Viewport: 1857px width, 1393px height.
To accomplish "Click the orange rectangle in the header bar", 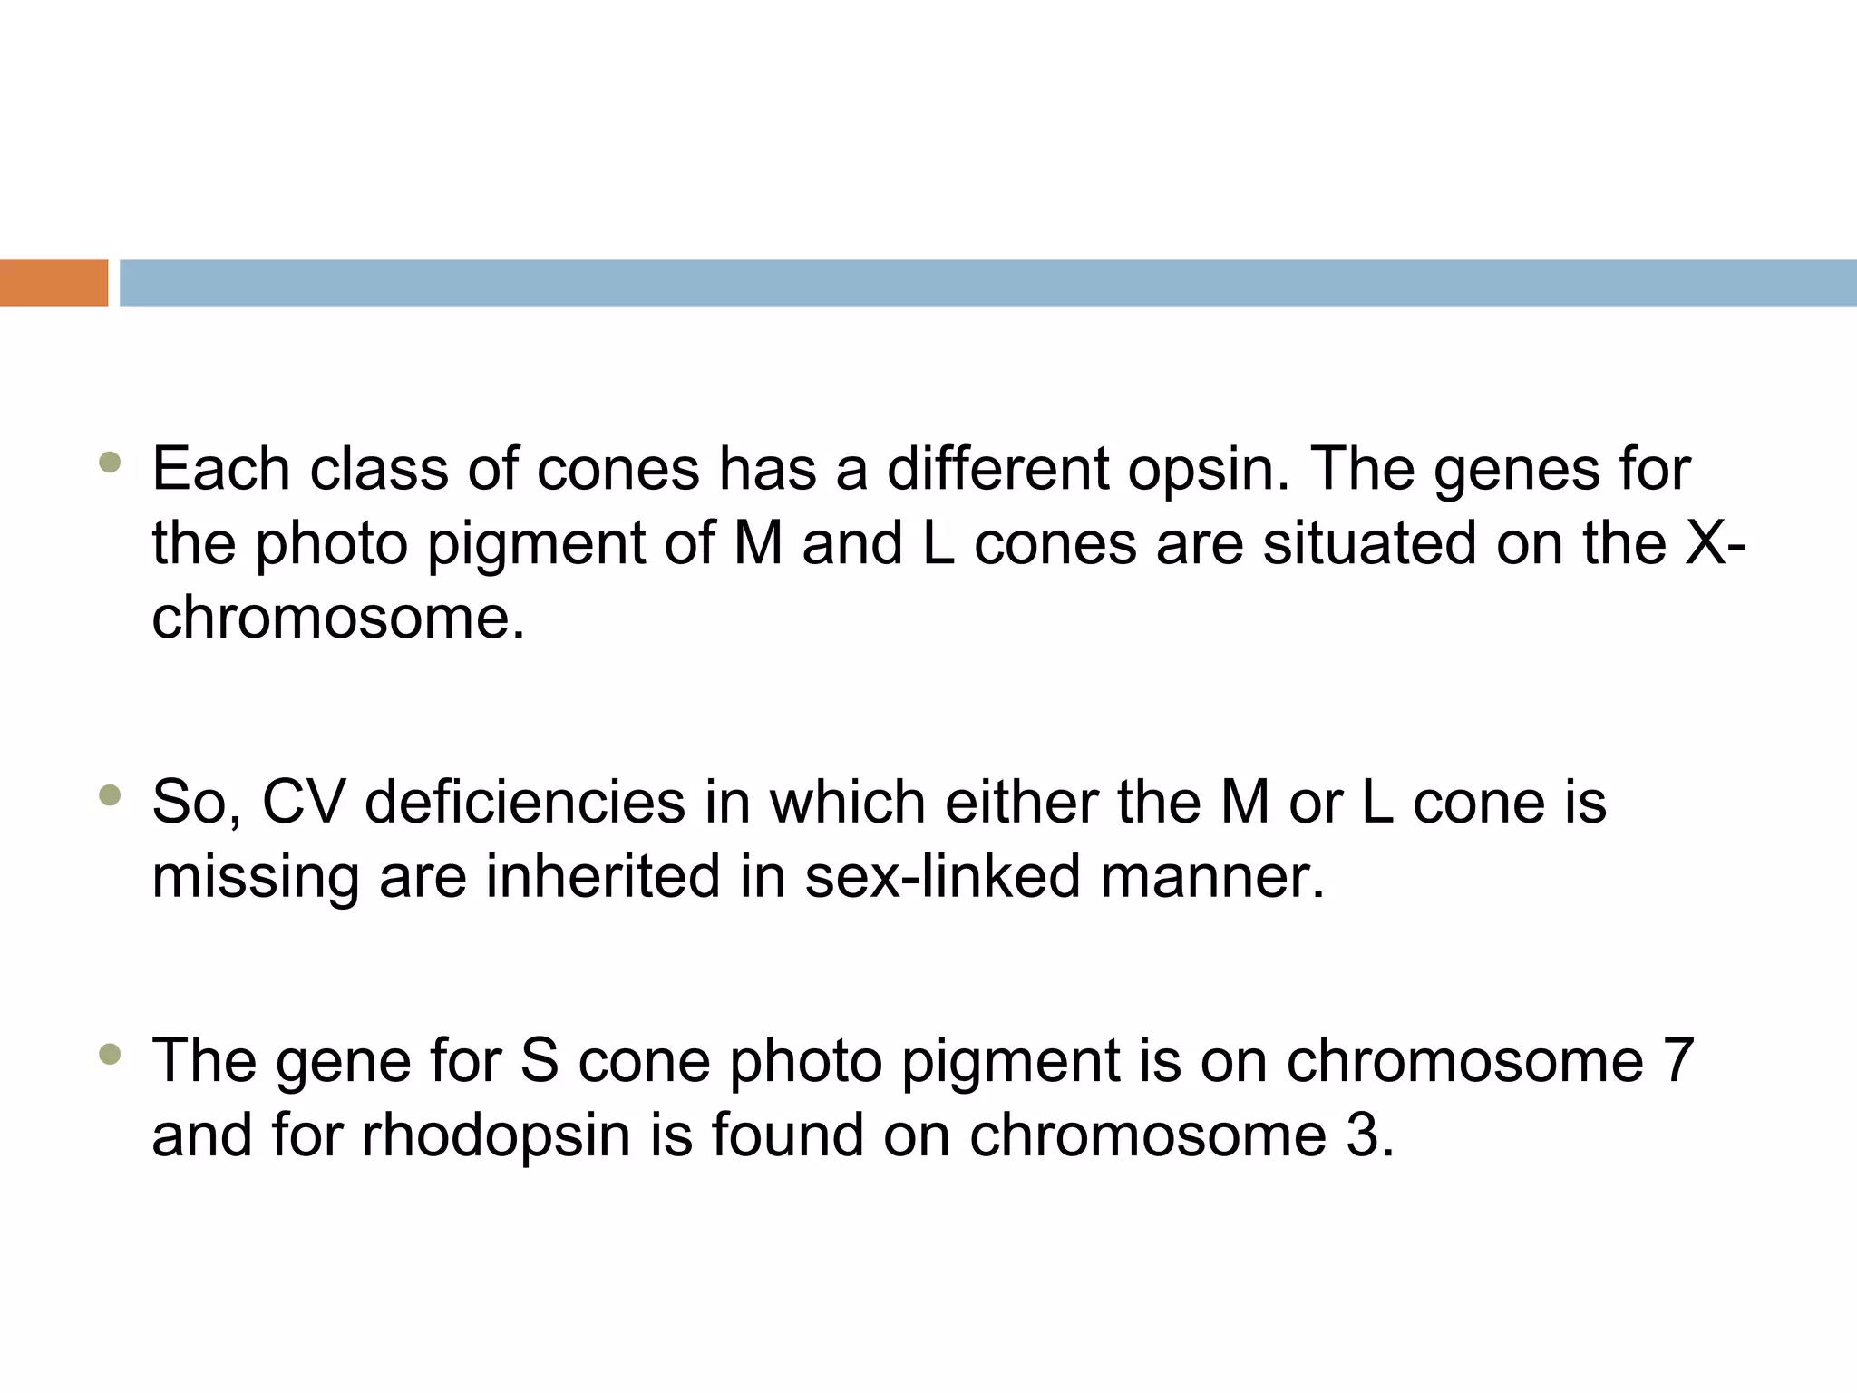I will [x=53, y=283].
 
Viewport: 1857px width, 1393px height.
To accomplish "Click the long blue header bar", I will [x=987, y=283].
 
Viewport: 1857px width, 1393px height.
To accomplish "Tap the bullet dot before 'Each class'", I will [x=110, y=463].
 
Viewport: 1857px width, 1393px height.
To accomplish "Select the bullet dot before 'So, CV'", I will [x=110, y=796].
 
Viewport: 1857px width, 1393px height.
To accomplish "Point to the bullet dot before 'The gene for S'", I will [x=110, y=1054].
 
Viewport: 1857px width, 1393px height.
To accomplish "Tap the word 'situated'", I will [x=1369, y=544].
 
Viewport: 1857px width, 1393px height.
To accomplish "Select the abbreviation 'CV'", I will [x=303, y=803].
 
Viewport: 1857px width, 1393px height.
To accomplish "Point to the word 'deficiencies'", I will [x=525, y=803].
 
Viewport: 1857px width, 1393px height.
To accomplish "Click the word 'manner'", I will [x=1211, y=879].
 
